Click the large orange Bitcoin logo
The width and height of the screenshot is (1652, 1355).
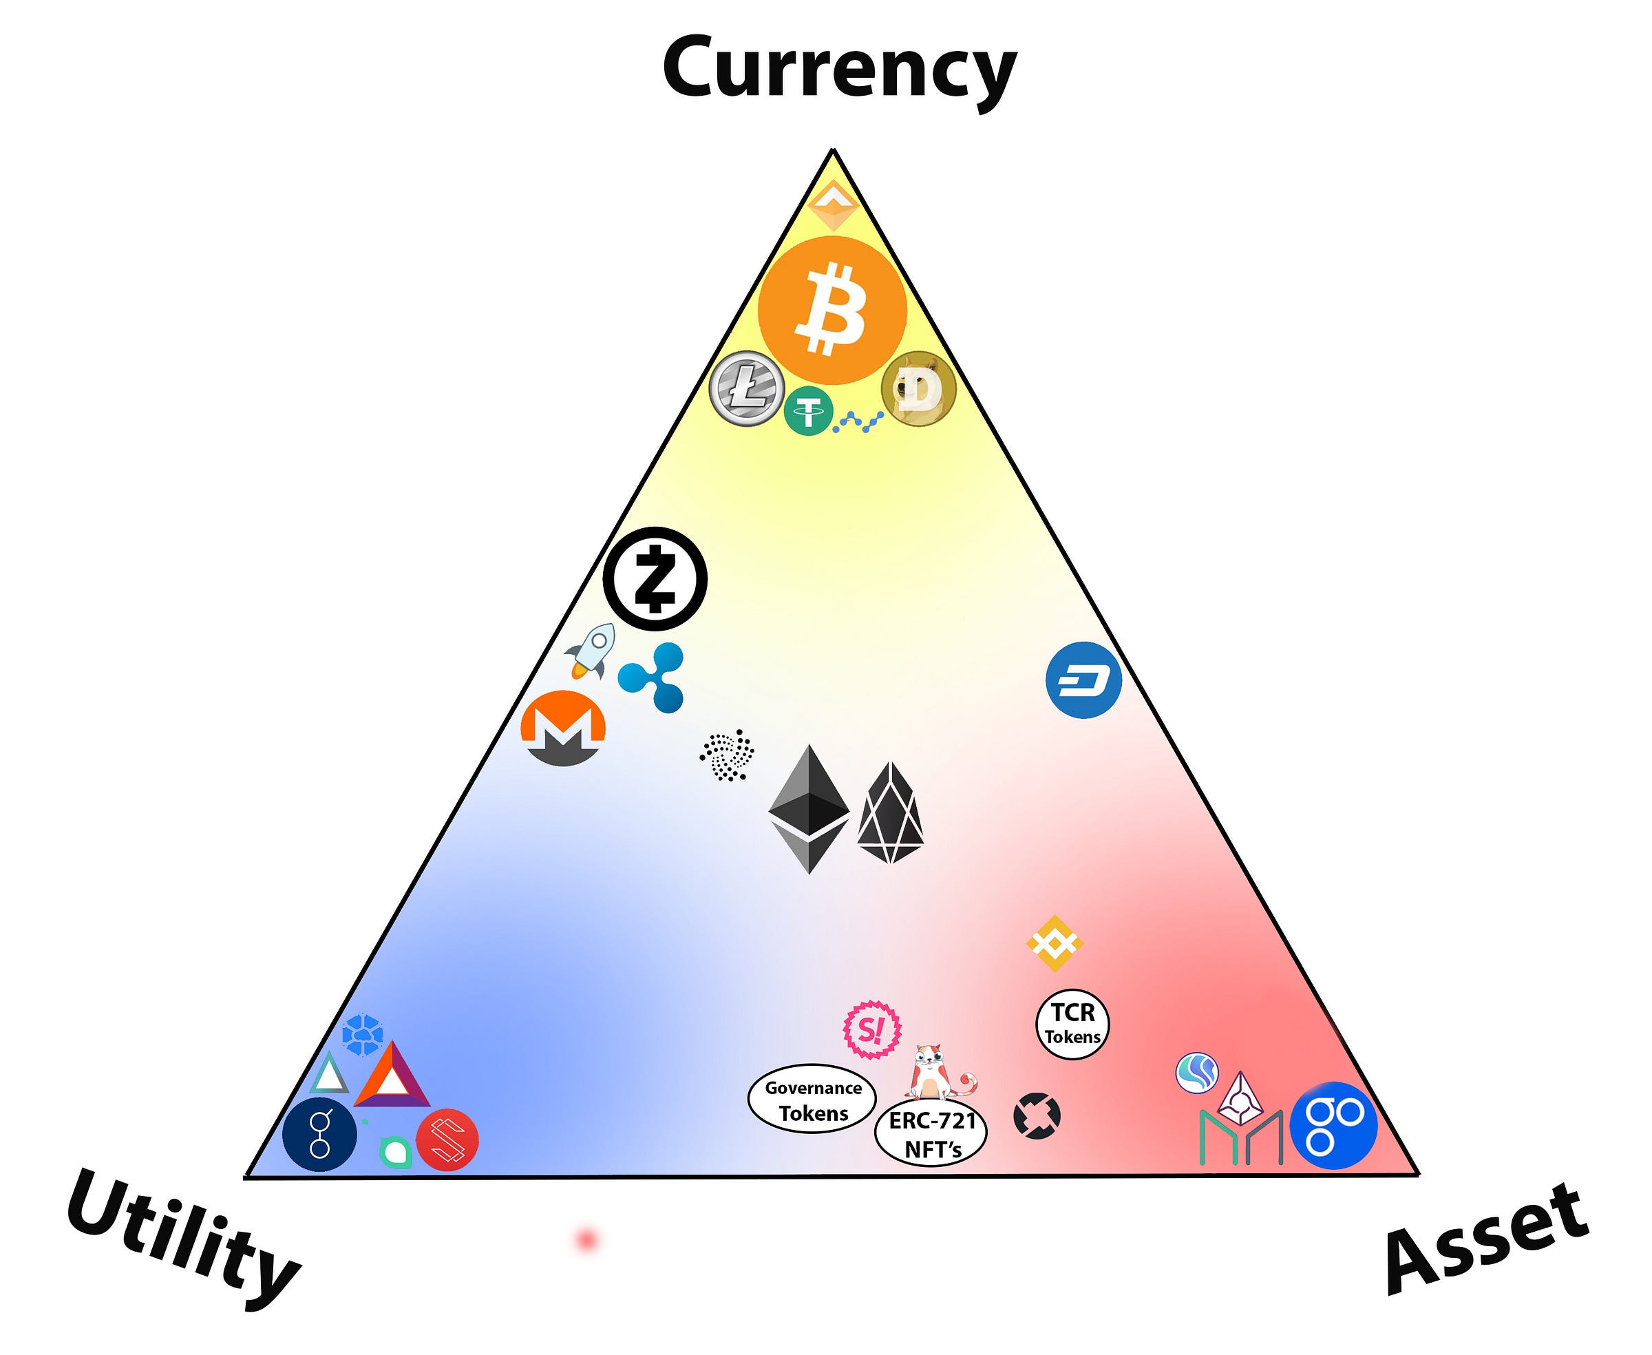point(832,310)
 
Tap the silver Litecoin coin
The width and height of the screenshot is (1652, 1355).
point(746,388)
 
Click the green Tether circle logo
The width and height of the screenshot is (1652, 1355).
point(808,410)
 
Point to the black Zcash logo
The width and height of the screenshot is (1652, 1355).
point(655,579)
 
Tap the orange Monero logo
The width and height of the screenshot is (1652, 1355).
point(562,728)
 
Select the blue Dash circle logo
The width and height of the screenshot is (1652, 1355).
point(1083,680)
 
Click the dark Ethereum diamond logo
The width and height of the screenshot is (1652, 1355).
point(808,808)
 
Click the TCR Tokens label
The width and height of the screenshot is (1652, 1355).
point(1072,1024)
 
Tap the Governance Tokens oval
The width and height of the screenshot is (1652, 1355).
point(812,1100)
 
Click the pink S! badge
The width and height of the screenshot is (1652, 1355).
point(871,1029)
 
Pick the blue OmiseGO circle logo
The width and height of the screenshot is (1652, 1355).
point(1333,1125)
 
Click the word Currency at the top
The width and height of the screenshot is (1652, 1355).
point(839,70)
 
